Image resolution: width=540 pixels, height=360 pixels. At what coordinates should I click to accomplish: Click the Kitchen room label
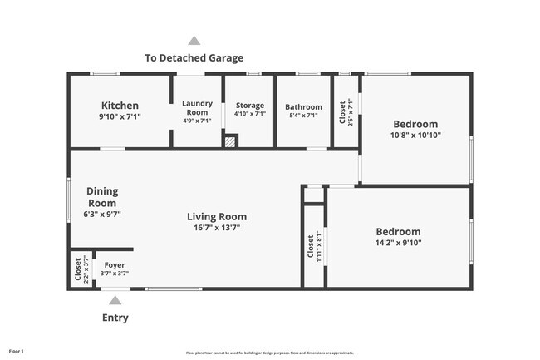pos(120,106)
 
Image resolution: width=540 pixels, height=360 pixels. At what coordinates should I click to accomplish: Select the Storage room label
pos(249,106)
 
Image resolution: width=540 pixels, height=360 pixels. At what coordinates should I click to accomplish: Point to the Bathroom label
pos(303,107)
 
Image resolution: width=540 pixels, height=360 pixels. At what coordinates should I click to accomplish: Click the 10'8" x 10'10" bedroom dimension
pos(415,135)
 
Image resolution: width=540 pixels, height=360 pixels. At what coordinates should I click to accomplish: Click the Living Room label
pos(216,217)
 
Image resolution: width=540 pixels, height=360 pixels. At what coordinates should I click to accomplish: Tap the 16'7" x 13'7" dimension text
pos(216,228)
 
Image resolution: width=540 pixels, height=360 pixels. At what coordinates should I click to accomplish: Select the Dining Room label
pos(102,196)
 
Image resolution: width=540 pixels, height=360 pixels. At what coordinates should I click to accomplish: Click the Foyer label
pos(115,265)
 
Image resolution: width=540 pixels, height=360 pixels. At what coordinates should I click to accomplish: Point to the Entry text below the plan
pos(115,318)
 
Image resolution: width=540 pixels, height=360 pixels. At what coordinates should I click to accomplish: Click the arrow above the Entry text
pos(115,300)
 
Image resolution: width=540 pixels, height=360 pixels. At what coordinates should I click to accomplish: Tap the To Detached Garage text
pos(194,58)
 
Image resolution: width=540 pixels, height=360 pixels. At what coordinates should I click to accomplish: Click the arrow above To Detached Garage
pos(194,40)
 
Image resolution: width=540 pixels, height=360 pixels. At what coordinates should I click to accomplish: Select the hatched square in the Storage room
pos(231,141)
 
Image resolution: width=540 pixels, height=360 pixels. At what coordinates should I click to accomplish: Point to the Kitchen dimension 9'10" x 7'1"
pos(120,117)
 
